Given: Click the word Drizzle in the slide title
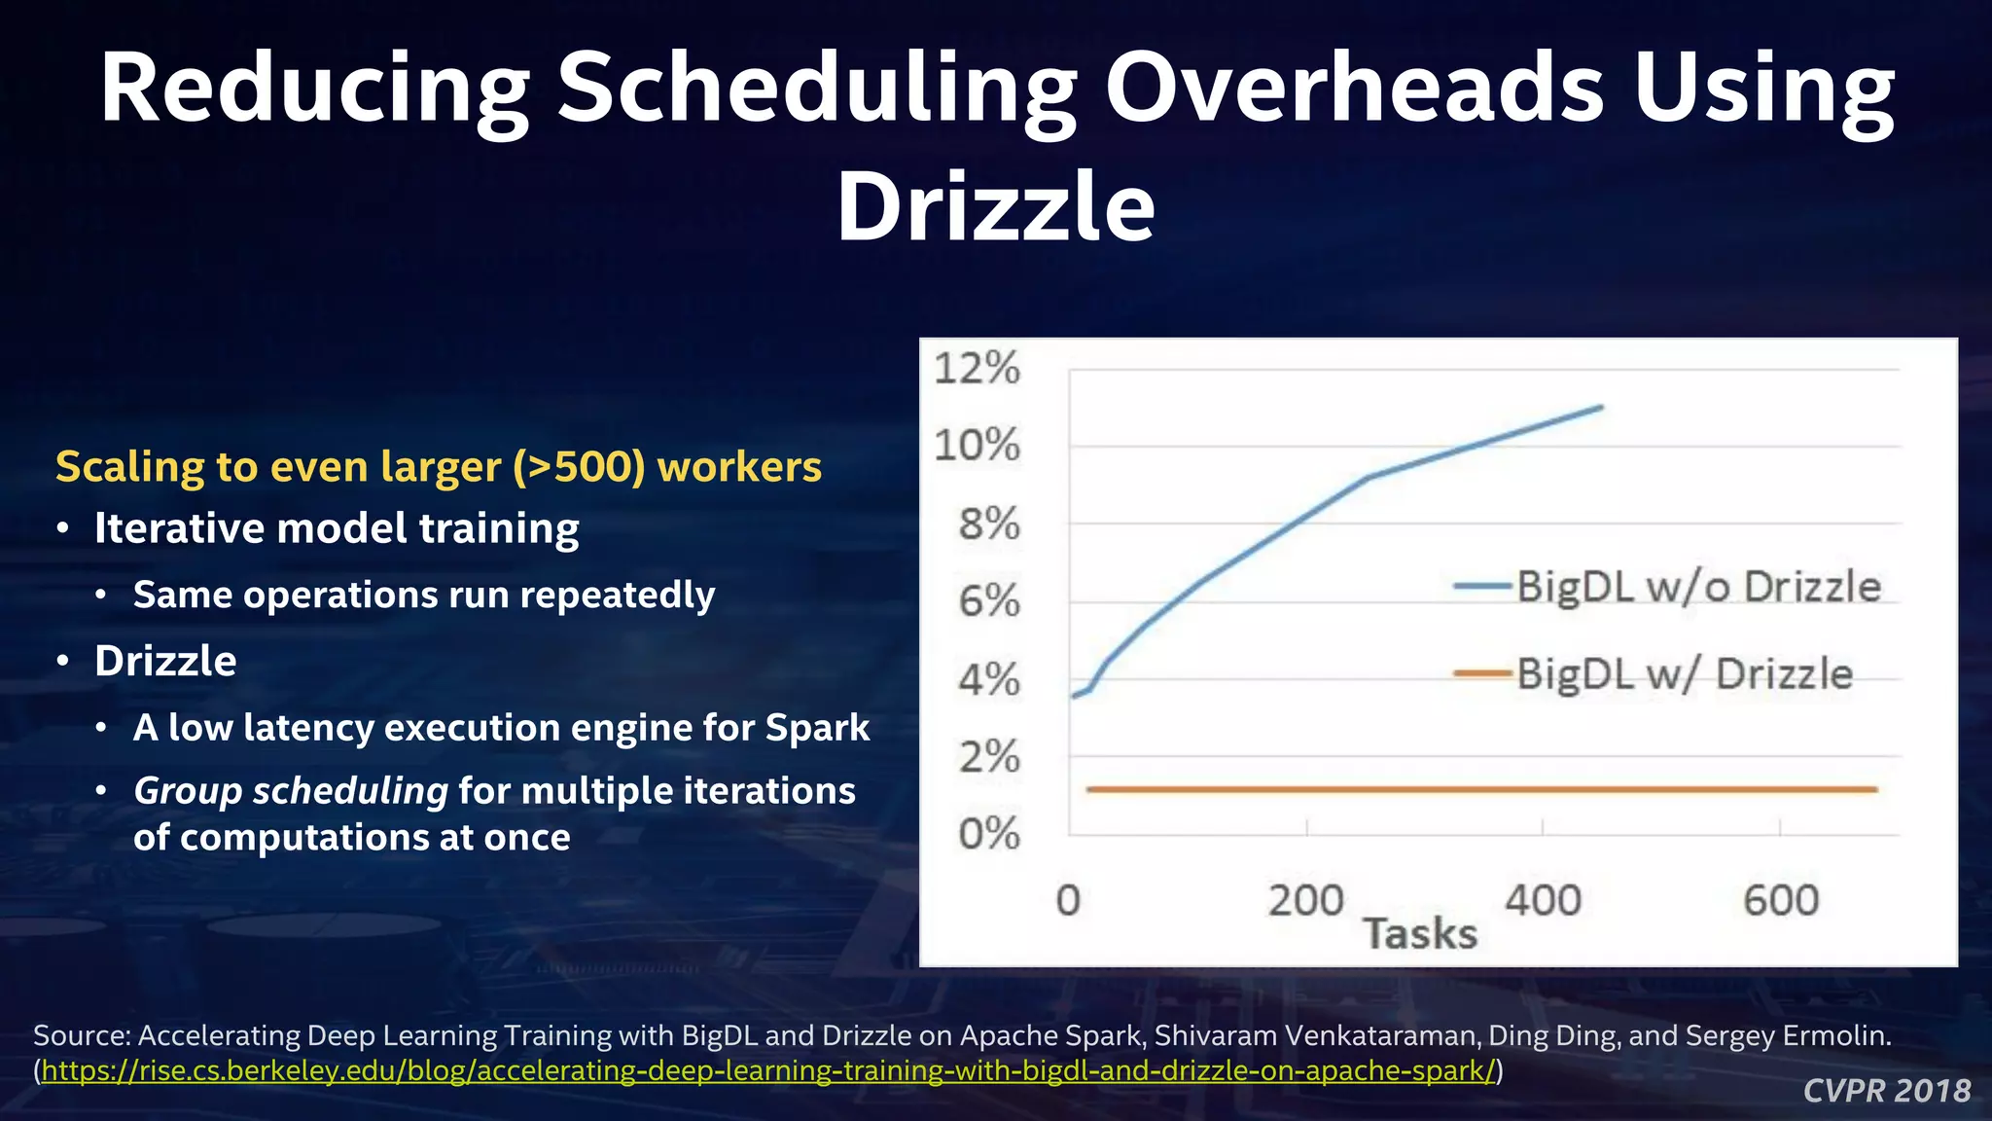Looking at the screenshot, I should (x=996, y=207).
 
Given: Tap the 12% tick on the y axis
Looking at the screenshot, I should (x=978, y=369).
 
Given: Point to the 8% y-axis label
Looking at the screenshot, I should (x=989, y=524).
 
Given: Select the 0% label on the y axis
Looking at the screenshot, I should (x=989, y=834).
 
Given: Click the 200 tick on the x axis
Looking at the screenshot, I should (x=1305, y=900).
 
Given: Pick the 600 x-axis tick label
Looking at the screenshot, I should (x=1780, y=900).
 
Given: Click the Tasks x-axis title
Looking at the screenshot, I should (x=1420, y=934).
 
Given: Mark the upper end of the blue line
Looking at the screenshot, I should (x=1600, y=408).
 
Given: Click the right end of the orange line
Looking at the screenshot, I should (x=1874, y=789).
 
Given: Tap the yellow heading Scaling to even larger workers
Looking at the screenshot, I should (x=438, y=466).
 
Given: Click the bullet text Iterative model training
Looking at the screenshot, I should (x=337, y=528).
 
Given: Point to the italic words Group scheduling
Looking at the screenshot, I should (x=290, y=790).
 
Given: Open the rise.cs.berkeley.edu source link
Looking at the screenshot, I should (x=768, y=1071).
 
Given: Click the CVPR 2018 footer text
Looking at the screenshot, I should (x=1886, y=1091).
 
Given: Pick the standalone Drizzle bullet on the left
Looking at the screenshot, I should (x=165, y=662).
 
